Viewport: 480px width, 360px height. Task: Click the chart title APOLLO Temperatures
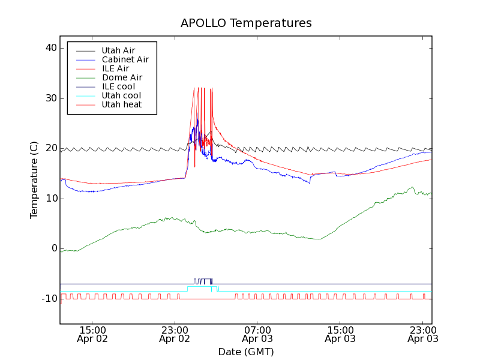pyautogui.click(x=246, y=23)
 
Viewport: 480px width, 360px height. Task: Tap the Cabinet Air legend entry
pyautogui.click(x=125, y=59)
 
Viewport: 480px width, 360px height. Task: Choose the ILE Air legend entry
pyautogui.click(x=115, y=68)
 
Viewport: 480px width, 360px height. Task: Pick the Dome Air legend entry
pyautogui.click(x=122, y=77)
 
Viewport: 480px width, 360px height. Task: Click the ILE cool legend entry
pyautogui.click(x=118, y=86)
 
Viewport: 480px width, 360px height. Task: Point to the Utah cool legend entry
pyautogui.click(x=121, y=95)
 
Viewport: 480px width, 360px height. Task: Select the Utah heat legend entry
pyautogui.click(x=121, y=104)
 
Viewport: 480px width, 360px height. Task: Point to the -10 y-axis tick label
pyautogui.click(x=49, y=299)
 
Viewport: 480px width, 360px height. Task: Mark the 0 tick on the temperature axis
pyautogui.click(x=54, y=248)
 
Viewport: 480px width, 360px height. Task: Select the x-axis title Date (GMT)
pyautogui.click(x=246, y=352)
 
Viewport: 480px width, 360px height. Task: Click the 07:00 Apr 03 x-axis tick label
pyautogui.click(x=257, y=334)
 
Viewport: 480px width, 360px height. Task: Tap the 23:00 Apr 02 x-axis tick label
pyautogui.click(x=175, y=334)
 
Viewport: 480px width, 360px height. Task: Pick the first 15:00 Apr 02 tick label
pyautogui.click(x=92, y=334)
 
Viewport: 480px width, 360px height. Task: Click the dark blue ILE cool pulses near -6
pyautogui.click(x=203, y=280)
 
